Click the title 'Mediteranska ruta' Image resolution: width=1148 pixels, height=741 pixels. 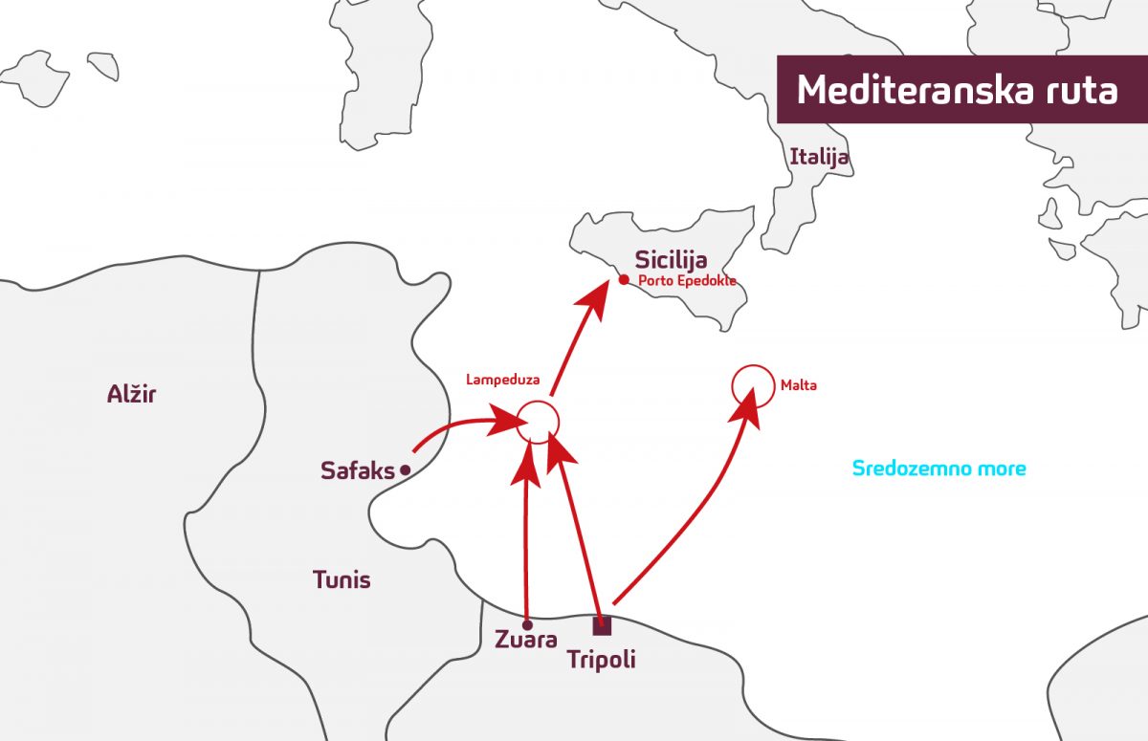[957, 90]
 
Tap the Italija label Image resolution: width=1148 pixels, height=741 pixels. [819, 156]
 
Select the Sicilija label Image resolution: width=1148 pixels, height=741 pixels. [671, 259]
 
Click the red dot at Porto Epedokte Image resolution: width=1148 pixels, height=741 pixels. [624, 280]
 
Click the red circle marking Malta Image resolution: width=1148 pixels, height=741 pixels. [752, 386]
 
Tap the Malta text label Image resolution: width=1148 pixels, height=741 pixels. [799, 386]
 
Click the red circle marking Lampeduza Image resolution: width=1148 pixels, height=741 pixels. [537, 421]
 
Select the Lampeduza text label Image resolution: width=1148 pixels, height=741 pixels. [502, 380]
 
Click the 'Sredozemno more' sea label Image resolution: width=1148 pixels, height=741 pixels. [938, 469]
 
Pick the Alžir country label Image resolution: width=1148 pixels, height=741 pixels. [131, 394]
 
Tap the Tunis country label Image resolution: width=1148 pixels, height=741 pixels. [342, 579]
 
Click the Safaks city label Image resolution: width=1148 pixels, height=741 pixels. [357, 470]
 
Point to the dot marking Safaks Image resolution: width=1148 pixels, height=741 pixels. [405, 469]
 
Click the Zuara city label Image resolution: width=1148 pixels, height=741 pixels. [526, 640]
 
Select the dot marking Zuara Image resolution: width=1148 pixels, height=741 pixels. [527, 625]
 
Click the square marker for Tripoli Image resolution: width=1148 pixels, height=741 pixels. [602, 626]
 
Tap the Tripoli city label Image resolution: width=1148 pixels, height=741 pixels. [601, 660]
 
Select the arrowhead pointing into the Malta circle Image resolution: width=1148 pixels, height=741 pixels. [747, 403]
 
